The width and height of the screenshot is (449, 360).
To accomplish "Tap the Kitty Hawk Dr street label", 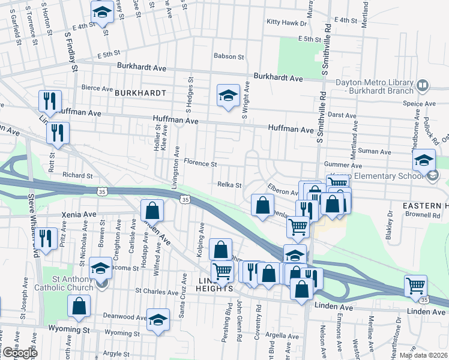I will [x=286, y=22].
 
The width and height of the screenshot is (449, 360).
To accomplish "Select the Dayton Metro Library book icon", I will [x=422, y=86].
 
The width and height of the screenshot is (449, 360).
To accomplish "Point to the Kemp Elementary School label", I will [x=389, y=176].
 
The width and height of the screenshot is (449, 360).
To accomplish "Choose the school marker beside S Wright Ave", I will [x=228, y=95].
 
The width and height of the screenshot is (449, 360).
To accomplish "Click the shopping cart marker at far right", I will [x=415, y=286].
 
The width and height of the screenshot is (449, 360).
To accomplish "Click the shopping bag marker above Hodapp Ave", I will [x=152, y=211].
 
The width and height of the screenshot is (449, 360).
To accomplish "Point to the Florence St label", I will [x=200, y=163].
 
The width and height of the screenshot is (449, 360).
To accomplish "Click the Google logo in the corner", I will [x=20, y=353].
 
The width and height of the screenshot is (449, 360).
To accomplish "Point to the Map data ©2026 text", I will [x=423, y=355].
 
